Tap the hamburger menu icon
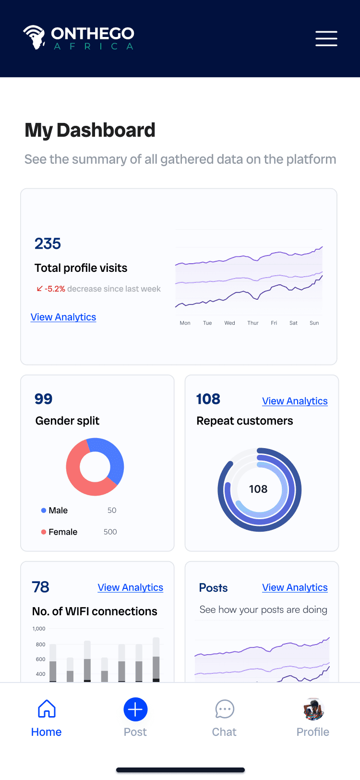coord(326,38)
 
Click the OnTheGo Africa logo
coord(79,37)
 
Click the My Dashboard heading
coord(90,130)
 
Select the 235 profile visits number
coord(48,244)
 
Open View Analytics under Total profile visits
coord(63,317)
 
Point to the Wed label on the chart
coord(229,323)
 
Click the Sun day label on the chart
coord(314,323)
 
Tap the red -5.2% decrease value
coord(55,289)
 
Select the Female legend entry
coord(59,532)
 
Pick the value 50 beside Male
coord(112,510)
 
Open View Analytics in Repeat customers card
coord(295,401)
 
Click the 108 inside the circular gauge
coord(258,489)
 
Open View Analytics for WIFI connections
coord(130,587)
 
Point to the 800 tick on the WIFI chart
coord(40,644)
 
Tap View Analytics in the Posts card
coord(295,587)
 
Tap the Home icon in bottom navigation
coord(47,708)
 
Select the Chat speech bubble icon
coord(225,709)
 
